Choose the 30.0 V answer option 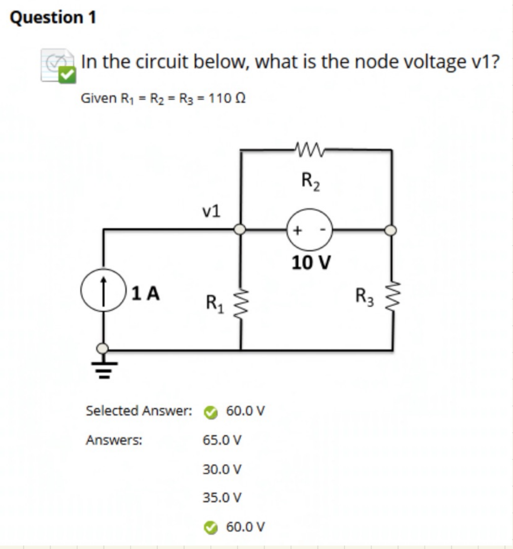tap(222, 469)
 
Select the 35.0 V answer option tap(222, 498)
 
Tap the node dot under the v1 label tap(240, 229)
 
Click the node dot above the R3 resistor tap(392, 229)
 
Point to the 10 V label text tap(311, 263)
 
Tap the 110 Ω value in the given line tap(232, 99)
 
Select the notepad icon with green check tap(58, 67)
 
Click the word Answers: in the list tap(114, 440)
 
